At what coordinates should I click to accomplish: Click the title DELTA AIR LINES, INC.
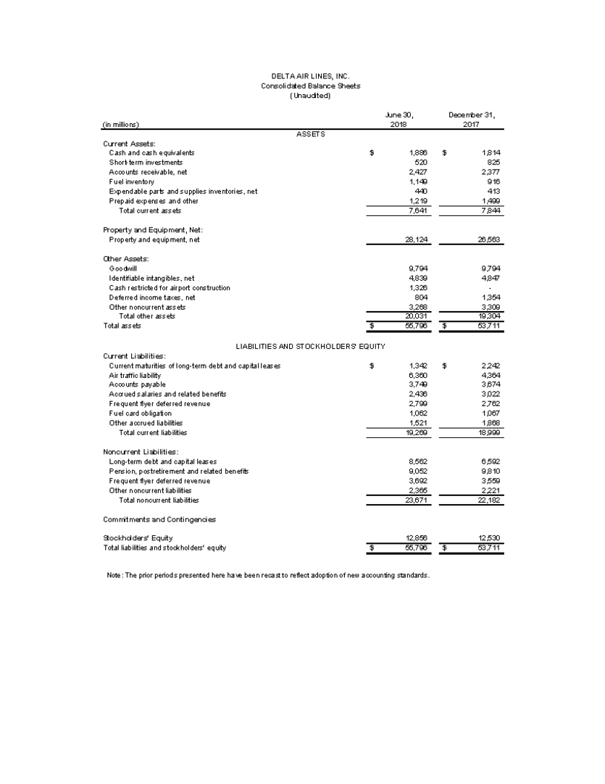click(310, 76)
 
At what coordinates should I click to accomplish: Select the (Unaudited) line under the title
click(310, 95)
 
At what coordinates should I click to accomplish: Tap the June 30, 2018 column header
click(399, 119)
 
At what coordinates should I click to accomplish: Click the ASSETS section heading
click(311, 133)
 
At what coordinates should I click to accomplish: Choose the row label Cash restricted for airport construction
click(170, 287)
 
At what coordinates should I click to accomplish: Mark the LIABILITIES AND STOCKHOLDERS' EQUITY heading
click(310, 345)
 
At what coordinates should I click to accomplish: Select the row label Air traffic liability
click(135, 375)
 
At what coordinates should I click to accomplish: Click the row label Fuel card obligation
click(141, 413)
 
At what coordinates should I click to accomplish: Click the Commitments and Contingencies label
click(159, 519)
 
